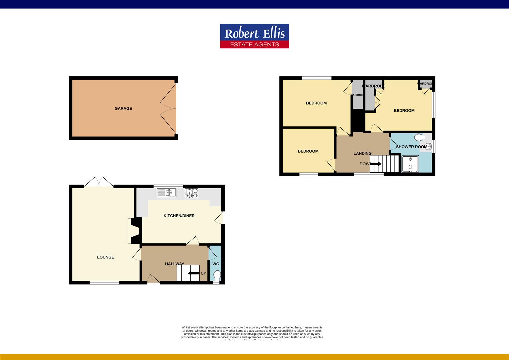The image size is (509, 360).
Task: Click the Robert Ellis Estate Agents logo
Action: [254, 36]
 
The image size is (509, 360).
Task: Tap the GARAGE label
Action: [123, 108]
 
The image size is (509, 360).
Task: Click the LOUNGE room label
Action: [105, 257]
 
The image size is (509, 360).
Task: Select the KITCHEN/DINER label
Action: [179, 216]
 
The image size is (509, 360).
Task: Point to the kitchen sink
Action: [167, 193]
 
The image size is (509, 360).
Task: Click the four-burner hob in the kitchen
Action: [191, 193]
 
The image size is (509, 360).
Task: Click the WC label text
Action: [216, 264]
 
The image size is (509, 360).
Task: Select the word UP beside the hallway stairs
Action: [203, 273]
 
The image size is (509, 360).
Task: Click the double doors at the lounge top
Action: [99, 182]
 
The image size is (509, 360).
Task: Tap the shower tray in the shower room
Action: [410, 164]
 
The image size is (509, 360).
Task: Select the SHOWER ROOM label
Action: [411, 147]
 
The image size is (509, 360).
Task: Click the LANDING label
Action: [362, 153]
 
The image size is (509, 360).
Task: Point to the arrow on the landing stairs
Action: [376, 164]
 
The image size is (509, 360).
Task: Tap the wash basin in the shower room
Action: [428, 146]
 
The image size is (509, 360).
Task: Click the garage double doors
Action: [169, 108]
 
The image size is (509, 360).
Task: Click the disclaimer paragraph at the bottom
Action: [252, 333]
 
